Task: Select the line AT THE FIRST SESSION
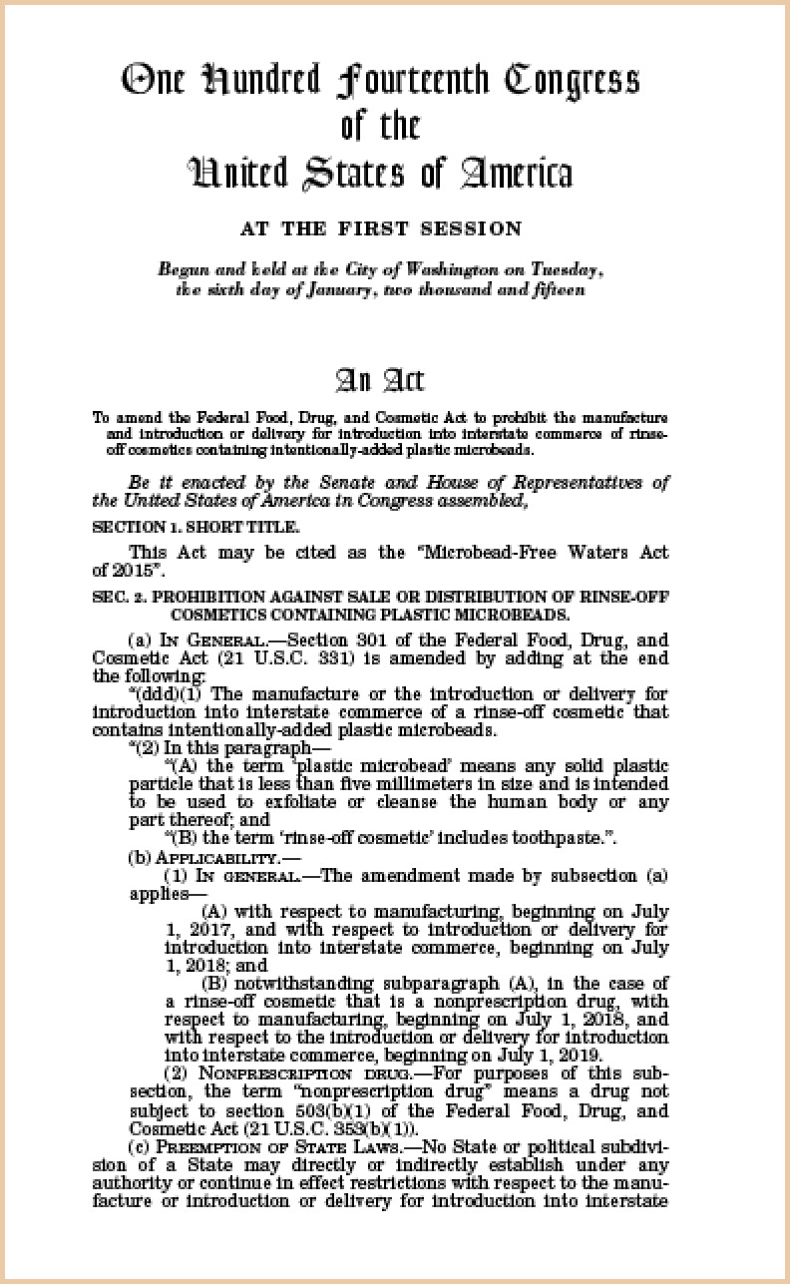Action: pos(380,228)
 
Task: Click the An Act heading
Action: pos(380,380)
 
